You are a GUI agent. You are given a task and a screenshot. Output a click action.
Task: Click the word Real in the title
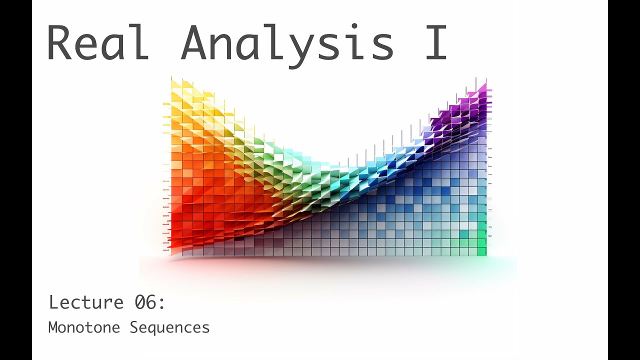(97, 42)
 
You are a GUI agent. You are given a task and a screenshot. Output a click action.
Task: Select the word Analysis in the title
(287, 44)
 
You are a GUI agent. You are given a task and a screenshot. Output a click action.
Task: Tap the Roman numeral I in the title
(435, 42)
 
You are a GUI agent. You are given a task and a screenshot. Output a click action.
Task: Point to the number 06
(145, 302)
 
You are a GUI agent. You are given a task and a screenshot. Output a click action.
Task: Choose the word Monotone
(84, 327)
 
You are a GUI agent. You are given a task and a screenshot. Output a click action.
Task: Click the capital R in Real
(61, 42)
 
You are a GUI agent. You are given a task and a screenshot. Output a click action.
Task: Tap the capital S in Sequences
(134, 327)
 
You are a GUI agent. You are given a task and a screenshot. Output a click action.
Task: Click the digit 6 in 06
(152, 302)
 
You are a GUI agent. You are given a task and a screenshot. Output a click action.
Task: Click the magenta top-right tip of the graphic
(482, 88)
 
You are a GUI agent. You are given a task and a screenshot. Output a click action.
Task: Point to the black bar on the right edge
(624, 180)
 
